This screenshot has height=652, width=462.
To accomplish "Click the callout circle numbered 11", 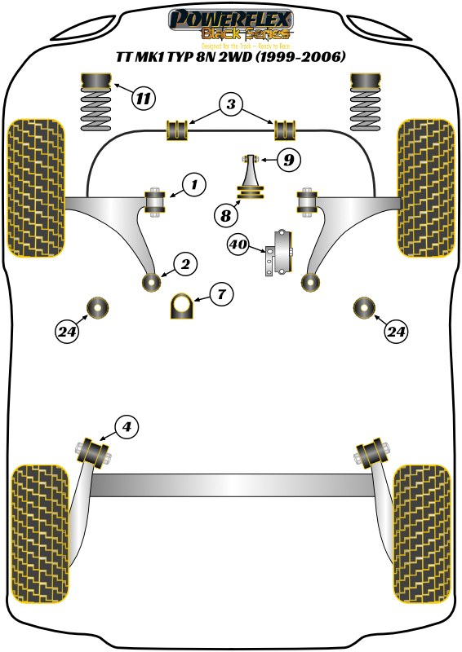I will pos(144,99).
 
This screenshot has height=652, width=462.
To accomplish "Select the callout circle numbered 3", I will pos(232,105).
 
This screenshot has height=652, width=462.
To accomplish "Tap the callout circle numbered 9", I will pos(288,161).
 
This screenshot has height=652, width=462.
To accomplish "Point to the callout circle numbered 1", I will pos(194,186).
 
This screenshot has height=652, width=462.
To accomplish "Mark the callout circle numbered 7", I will pos(221,294).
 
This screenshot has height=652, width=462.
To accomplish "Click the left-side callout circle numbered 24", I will pos(67,332).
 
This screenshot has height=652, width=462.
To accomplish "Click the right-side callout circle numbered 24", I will pos(396,332).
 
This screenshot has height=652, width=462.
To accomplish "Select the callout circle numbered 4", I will pos(126,425).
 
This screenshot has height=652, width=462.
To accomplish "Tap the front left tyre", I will pos(35,186).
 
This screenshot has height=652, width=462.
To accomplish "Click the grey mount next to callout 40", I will pos(281,253).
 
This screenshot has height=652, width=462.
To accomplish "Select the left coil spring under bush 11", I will pos(97,111).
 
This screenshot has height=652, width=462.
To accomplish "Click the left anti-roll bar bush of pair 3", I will pos(177,129).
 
